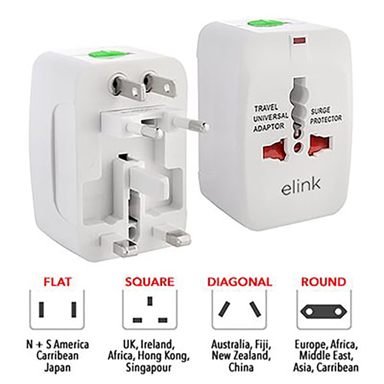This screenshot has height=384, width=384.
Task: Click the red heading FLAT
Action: (57, 282)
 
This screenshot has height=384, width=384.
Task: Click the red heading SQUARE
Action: (150, 282)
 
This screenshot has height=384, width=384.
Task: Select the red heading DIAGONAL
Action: (239, 282)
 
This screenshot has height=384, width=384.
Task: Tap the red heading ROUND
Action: (324, 282)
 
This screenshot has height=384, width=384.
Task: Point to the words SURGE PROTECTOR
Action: (326, 116)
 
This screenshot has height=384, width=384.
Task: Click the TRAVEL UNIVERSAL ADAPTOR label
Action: (270, 119)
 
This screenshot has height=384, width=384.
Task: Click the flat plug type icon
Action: (57, 309)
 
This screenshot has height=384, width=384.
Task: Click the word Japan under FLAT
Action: (57, 368)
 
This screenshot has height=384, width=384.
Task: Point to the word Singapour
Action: (148, 368)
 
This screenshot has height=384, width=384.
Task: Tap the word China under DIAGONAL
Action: (241, 368)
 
